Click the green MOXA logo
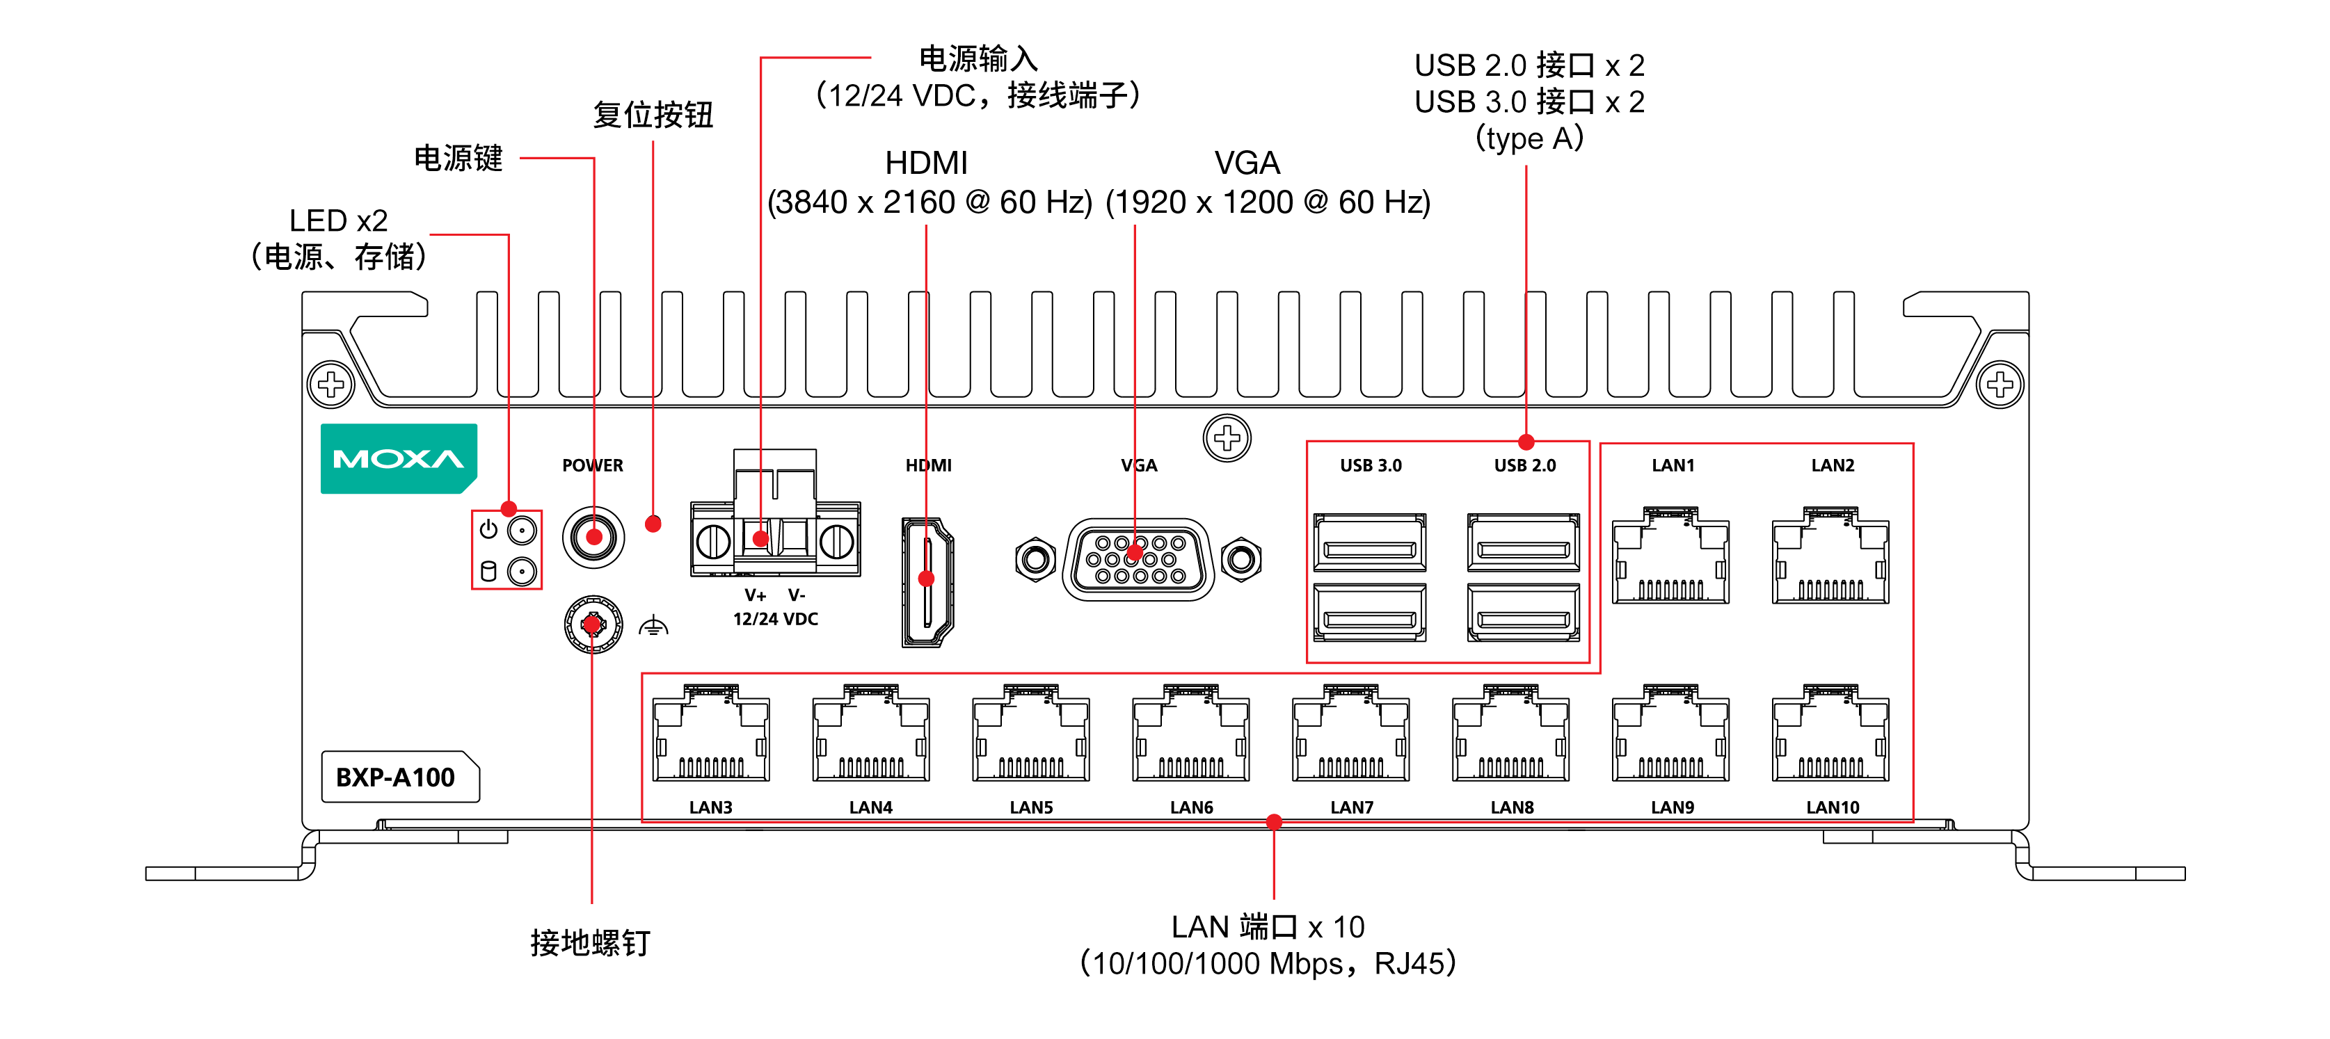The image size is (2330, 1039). point(398,458)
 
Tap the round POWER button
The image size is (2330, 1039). point(593,537)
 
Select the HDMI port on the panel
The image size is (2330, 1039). point(927,581)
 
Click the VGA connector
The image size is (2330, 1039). point(1138,559)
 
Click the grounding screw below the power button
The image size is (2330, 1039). point(593,624)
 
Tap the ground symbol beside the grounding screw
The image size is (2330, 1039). point(653,626)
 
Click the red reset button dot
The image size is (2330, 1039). point(653,524)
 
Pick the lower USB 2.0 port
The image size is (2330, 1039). point(1523,614)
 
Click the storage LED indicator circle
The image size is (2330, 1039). point(522,572)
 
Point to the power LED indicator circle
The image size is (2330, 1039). point(522,530)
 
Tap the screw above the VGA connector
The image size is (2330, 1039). point(1227,439)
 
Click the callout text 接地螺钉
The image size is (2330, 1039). point(590,943)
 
